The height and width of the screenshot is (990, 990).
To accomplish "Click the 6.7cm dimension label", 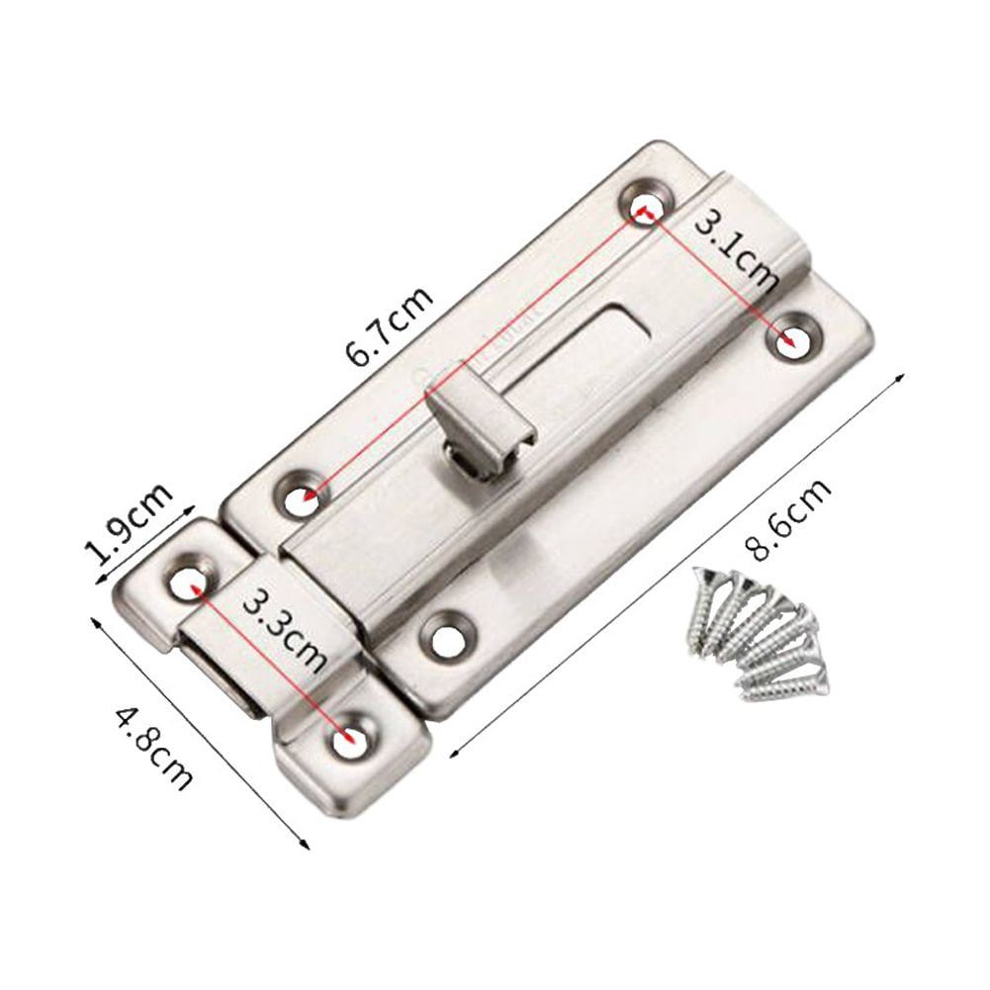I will click(x=389, y=327).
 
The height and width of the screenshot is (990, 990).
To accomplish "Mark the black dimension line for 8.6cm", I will click(x=678, y=565).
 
